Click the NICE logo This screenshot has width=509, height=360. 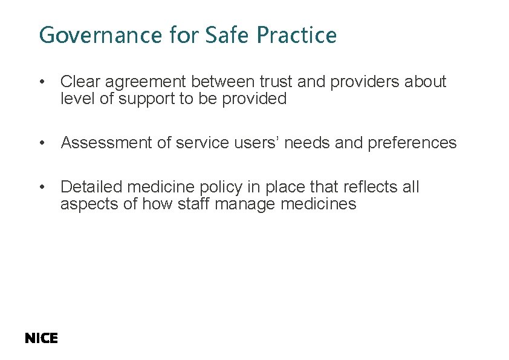[41, 338]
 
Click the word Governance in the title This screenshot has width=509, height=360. [100, 36]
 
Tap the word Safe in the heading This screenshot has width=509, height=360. [229, 35]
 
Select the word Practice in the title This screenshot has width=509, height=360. [296, 35]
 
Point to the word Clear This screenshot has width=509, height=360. [80, 82]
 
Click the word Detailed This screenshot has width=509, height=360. [91, 187]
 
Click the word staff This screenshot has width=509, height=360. [193, 205]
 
